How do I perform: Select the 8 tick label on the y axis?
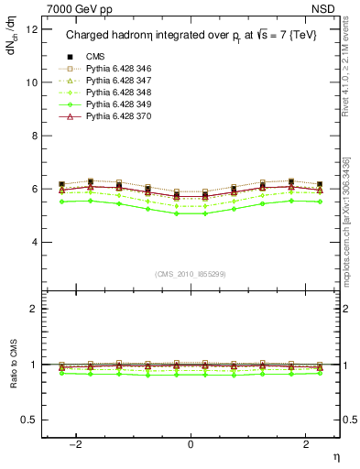(x=32, y=136)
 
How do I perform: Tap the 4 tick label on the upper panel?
(x=32, y=242)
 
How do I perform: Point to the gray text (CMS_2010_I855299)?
(x=191, y=274)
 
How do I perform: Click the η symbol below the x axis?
(x=335, y=456)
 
